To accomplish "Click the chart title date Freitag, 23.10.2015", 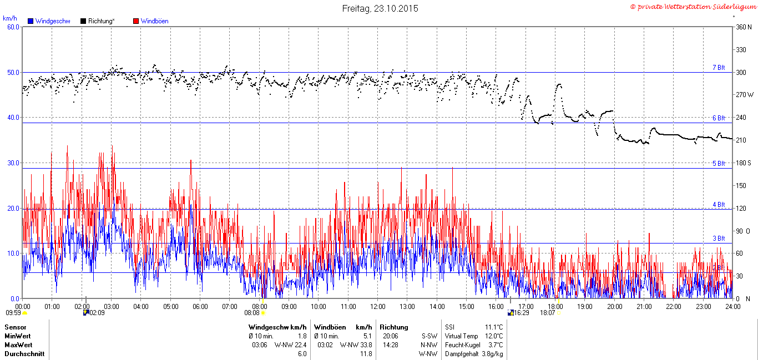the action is pyautogui.click(x=380, y=8).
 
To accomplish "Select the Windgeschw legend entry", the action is pyautogui.click(x=49, y=21).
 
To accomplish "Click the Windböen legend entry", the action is pyautogui.click(x=151, y=21).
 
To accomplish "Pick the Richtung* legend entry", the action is pyautogui.click(x=98, y=21).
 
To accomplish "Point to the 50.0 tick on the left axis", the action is pyautogui.click(x=13, y=73).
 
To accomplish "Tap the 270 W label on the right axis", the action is pyautogui.click(x=745, y=95).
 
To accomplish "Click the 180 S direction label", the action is pyautogui.click(x=744, y=163).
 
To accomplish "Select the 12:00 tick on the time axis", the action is pyautogui.click(x=378, y=307).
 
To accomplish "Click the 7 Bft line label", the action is pyautogui.click(x=719, y=67).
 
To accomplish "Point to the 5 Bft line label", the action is pyautogui.click(x=719, y=164).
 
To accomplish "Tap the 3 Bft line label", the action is pyautogui.click(x=719, y=238).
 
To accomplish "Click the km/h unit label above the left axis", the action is pyautogui.click(x=10, y=18).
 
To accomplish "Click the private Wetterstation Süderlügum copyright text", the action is pyautogui.click(x=694, y=7).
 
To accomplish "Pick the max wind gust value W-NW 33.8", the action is pyautogui.click(x=356, y=345).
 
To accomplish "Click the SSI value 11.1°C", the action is pyautogui.click(x=494, y=327).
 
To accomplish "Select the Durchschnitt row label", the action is pyautogui.click(x=24, y=354).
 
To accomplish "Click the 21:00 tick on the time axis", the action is pyautogui.click(x=644, y=307).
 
